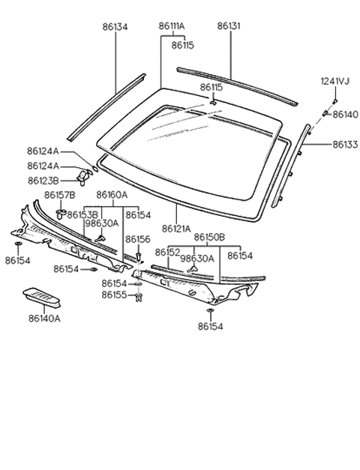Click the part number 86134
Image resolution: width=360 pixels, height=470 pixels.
tap(115, 25)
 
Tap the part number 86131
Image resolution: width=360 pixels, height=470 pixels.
tap(229, 25)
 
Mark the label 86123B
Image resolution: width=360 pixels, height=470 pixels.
tap(43, 181)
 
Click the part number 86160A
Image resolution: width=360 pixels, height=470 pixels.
tap(112, 196)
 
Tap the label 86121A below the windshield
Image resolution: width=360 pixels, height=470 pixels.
tap(177, 228)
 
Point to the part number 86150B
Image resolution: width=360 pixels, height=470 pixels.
tap(209, 237)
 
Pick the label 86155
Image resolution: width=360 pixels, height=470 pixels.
tap(115, 296)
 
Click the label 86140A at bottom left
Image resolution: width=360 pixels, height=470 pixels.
tap(45, 318)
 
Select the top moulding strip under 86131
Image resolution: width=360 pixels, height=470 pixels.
tap(232, 84)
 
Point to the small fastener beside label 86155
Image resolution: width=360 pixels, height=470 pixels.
tap(139, 298)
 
